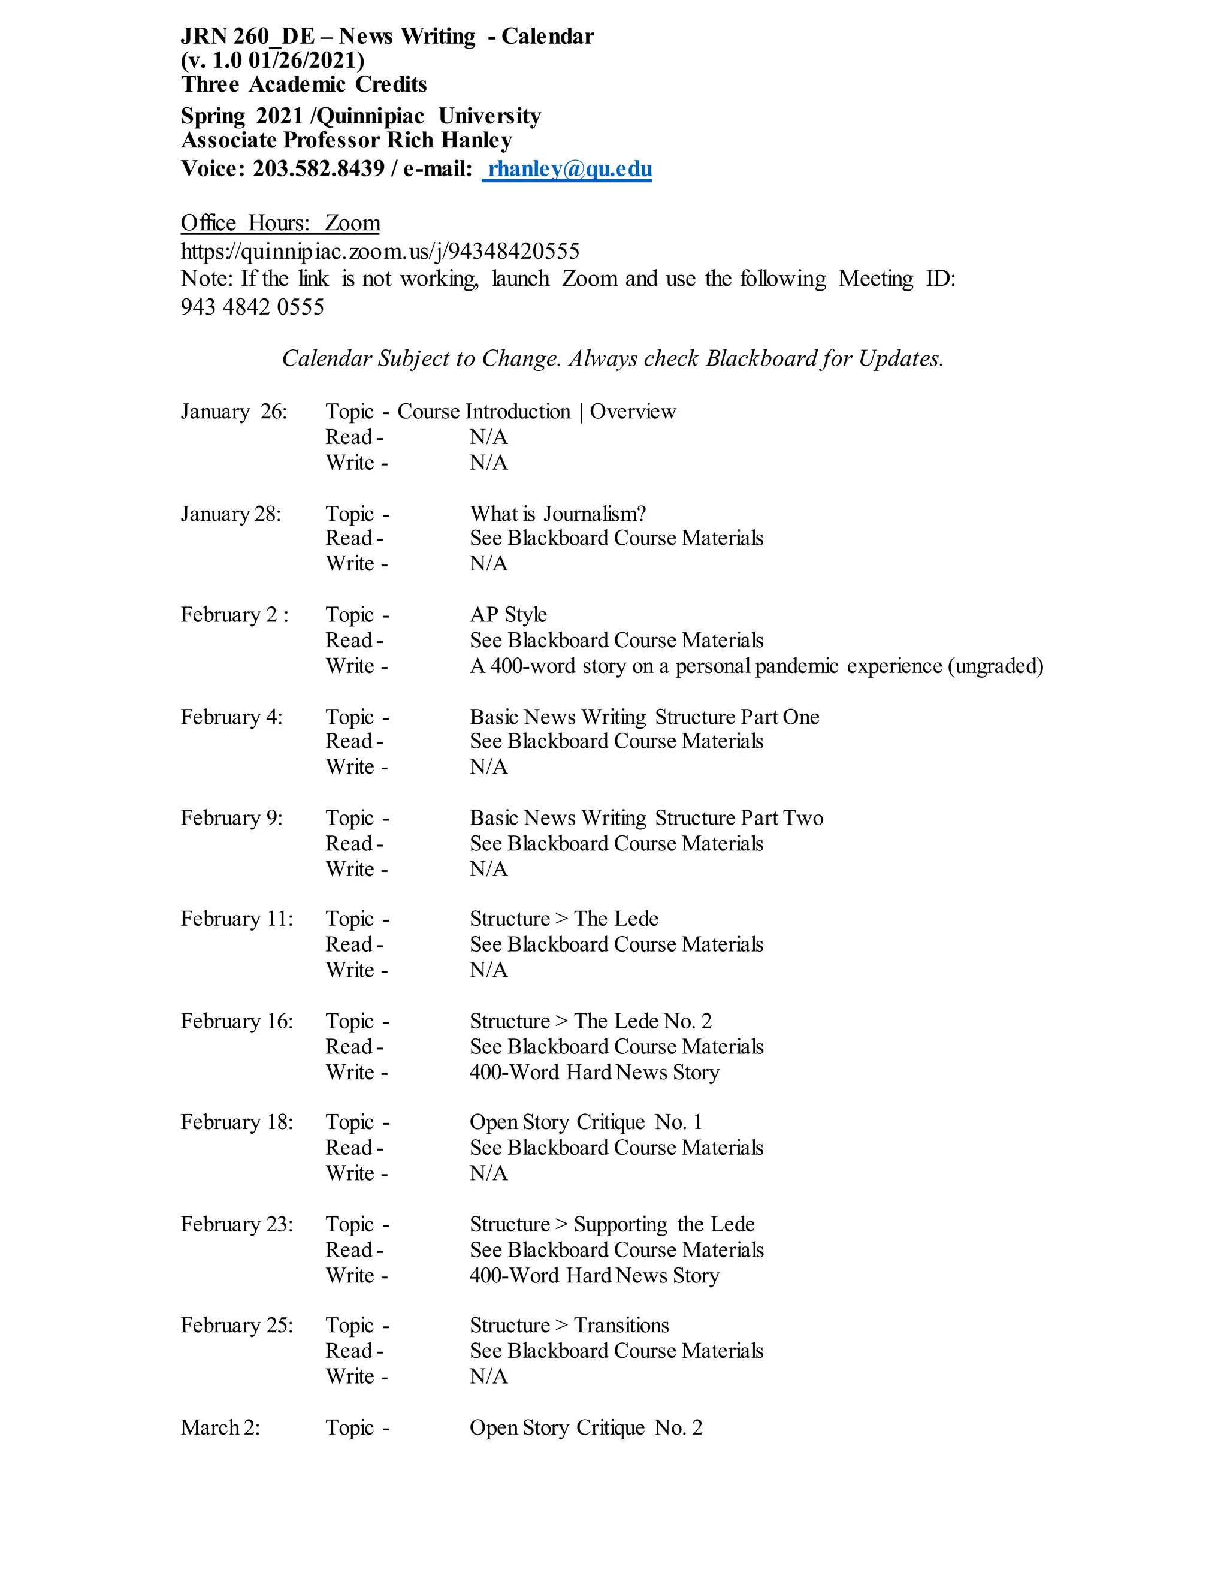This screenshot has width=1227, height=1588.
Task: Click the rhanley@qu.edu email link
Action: [569, 169]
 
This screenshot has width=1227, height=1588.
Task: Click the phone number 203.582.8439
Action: [318, 169]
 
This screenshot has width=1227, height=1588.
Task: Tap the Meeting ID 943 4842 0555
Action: [252, 307]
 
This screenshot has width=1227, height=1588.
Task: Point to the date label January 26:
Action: [233, 412]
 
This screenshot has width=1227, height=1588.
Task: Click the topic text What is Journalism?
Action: [558, 514]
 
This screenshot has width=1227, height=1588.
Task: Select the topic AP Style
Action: [508, 615]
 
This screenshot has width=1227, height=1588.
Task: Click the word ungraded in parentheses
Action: [995, 666]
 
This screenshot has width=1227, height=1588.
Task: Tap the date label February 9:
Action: [231, 818]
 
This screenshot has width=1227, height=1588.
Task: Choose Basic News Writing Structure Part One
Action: [644, 717]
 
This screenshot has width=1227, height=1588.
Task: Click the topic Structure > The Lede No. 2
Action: [590, 1021]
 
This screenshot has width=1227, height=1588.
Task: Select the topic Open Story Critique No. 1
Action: [586, 1122]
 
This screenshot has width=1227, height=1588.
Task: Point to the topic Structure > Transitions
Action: [569, 1325]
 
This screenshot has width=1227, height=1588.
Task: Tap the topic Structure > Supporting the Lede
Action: [612, 1224]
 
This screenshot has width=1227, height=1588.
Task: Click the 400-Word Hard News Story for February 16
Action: [594, 1072]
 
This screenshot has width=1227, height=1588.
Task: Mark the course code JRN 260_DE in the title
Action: [248, 37]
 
